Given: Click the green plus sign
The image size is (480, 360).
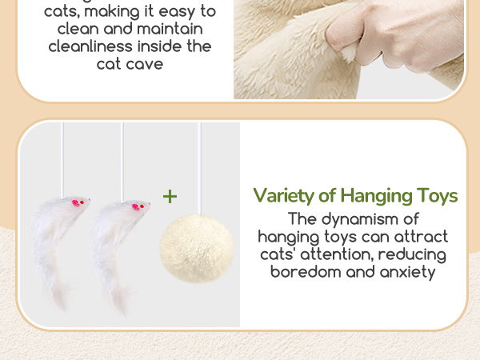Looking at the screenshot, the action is pyautogui.click(x=170, y=197).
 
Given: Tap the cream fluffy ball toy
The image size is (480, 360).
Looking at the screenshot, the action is pyautogui.click(x=196, y=248).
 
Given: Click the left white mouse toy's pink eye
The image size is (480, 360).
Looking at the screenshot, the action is pyautogui.click(x=75, y=202).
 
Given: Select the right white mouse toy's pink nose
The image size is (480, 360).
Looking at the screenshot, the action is pyautogui.click(x=149, y=203).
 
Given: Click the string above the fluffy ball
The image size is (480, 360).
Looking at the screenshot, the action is pyautogui.click(x=199, y=168).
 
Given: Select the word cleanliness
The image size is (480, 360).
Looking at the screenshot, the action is pyautogui.click(x=90, y=46).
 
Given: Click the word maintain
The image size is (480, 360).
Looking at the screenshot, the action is pyautogui.click(x=170, y=29).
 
